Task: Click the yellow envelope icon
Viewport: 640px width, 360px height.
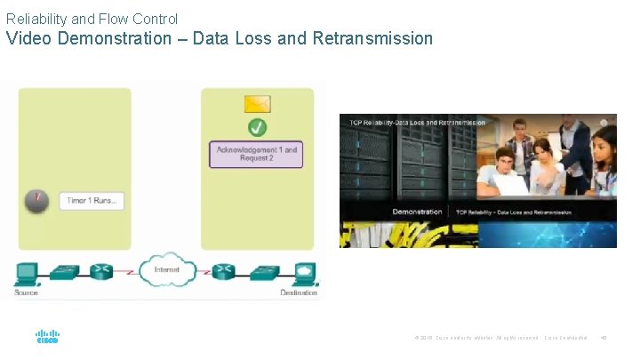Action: (257, 103)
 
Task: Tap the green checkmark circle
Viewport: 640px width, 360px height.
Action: (257, 127)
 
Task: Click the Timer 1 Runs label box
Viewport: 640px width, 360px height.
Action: (92, 200)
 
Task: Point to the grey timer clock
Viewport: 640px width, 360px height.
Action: (36, 200)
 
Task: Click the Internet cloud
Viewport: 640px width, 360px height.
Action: (166, 270)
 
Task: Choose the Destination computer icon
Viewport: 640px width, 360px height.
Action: (302, 273)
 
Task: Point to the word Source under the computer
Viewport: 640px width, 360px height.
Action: (27, 292)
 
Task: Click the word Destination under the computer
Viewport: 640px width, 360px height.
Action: (299, 292)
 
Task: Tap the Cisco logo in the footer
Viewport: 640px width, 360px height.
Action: (47, 337)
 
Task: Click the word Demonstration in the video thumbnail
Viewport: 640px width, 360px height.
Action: (417, 212)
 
